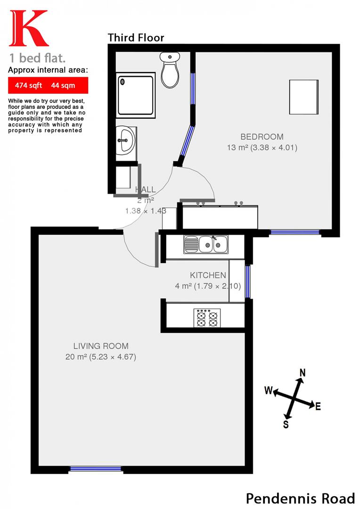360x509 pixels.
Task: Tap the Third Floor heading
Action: (136, 38)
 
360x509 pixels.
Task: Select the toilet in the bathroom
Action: (170, 69)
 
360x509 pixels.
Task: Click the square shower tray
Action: (136, 94)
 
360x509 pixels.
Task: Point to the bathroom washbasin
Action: (126, 140)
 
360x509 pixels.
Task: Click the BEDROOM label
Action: (262, 137)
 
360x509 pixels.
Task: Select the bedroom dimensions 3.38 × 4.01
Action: (274, 148)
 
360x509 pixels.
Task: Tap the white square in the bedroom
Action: (303, 97)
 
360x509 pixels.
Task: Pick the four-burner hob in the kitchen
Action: (207, 318)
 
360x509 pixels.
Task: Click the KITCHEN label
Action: (208, 275)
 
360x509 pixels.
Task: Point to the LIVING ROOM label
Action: (100, 346)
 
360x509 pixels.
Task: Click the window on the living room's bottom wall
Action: (96, 469)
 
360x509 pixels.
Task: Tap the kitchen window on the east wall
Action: (247, 281)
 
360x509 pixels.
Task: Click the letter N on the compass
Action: (303, 372)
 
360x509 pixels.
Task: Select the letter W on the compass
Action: (268, 390)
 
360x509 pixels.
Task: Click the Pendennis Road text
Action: (300, 498)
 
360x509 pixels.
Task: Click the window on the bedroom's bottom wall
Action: (295, 232)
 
